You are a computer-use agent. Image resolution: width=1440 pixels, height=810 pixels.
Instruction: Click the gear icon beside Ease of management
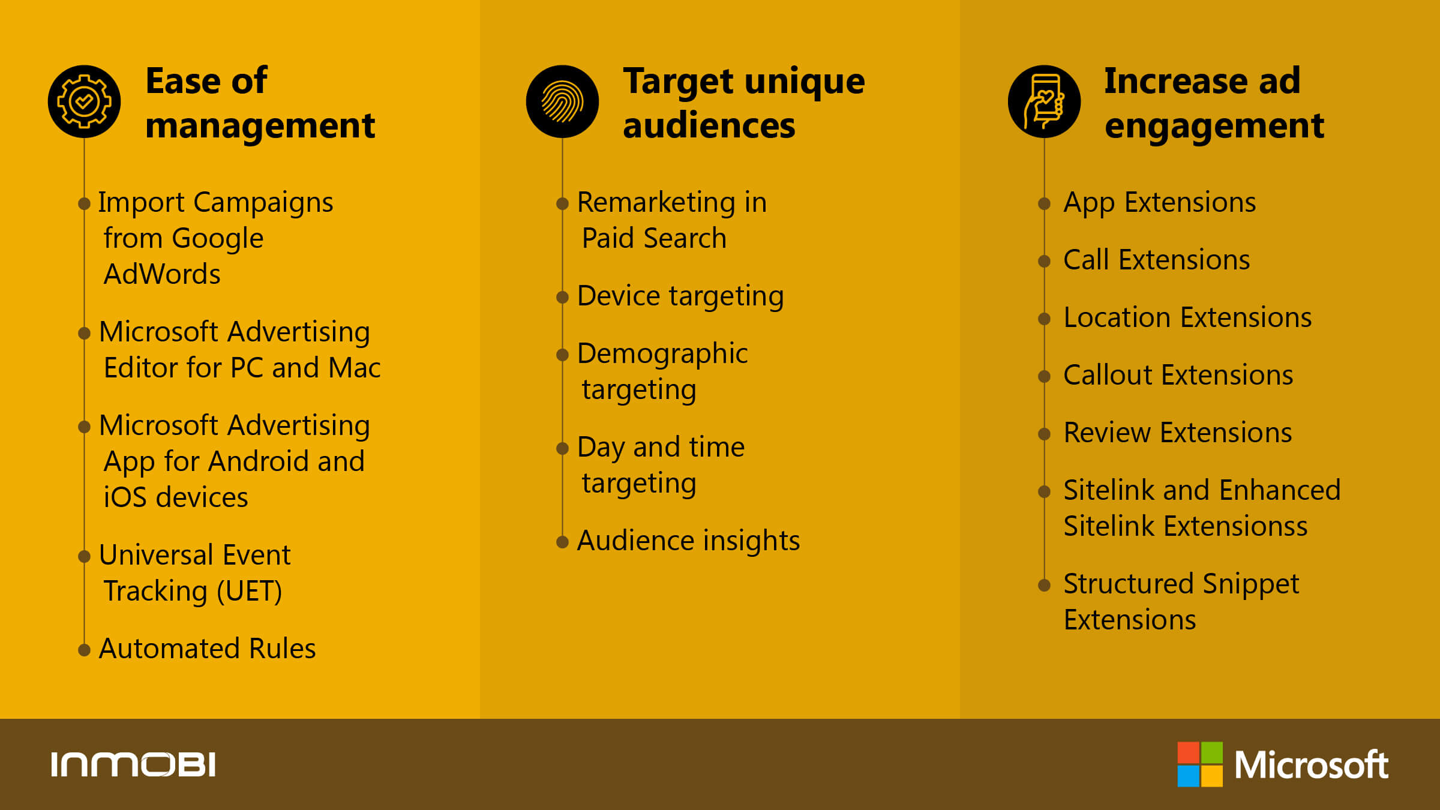(84, 101)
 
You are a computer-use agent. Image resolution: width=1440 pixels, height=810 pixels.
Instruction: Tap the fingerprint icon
(562, 101)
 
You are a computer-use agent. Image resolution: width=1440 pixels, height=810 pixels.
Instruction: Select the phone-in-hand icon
(1044, 101)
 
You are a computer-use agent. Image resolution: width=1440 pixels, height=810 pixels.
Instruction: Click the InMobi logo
(133, 764)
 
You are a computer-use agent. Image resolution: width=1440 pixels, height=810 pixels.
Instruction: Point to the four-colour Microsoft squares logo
(1200, 764)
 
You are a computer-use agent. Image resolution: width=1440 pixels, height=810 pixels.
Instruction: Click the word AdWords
(162, 274)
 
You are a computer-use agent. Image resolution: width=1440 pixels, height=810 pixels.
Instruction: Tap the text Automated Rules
(207, 649)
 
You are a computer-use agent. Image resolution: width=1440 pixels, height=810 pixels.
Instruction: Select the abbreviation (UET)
(250, 592)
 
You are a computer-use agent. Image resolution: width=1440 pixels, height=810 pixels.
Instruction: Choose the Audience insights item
(688, 541)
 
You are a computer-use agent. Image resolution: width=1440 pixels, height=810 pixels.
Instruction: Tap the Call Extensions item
(1156, 260)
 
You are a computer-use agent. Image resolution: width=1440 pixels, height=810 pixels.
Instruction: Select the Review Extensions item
(1177, 433)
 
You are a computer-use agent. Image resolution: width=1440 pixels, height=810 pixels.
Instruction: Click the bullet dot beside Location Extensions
(1044, 319)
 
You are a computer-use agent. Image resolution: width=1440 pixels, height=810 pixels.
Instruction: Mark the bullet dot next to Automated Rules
(84, 650)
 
